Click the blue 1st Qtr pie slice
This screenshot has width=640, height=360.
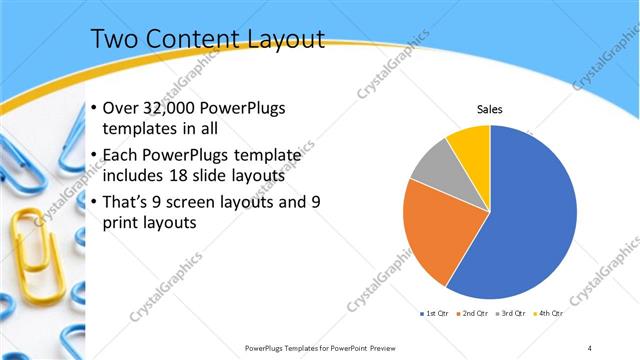[x=530, y=220]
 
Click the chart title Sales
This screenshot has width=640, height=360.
[x=489, y=109]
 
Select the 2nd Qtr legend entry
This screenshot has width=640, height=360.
[x=473, y=315]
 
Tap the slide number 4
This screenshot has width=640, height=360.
[x=590, y=347]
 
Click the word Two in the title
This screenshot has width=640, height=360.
[x=114, y=39]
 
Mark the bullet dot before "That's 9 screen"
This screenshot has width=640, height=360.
[x=93, y=202]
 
